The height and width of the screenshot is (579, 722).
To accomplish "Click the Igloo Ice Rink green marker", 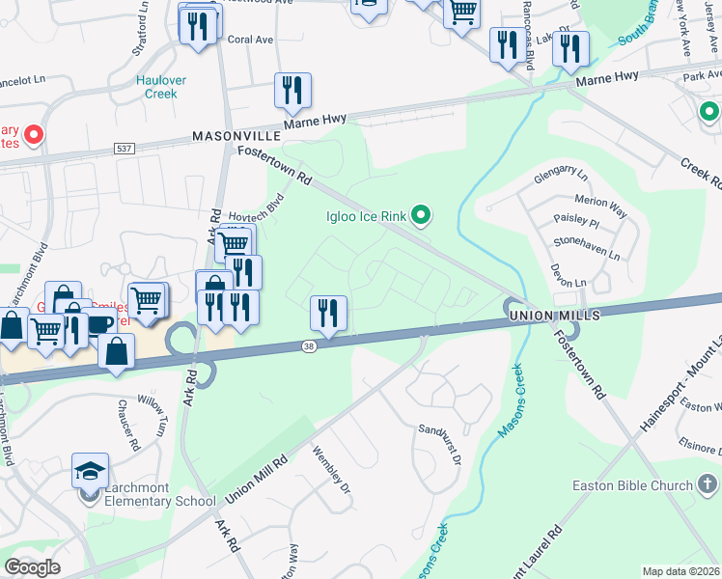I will point(421,214).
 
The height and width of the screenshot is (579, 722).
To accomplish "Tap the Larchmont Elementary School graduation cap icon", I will point(90,471).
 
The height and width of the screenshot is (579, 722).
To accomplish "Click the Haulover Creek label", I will point(161,87).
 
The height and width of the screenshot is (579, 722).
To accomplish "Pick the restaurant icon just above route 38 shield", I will point(328,313).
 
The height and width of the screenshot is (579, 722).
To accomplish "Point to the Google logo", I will point(33,566).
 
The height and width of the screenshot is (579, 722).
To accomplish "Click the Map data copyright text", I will point(681,571).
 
